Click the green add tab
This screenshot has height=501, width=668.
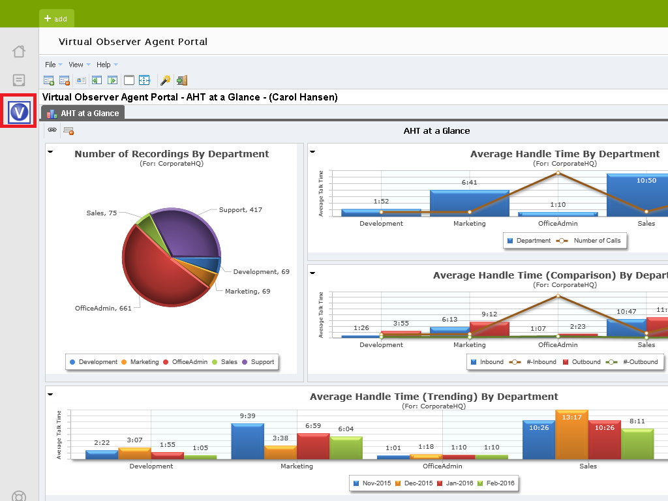56,19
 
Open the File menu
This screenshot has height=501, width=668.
50,65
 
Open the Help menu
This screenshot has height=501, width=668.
104,65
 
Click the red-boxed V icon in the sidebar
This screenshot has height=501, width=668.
20,112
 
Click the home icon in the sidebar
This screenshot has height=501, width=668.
19,52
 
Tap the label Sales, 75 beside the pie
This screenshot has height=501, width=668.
101,213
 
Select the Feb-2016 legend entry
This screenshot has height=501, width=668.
499,483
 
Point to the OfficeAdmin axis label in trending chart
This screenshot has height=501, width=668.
442,466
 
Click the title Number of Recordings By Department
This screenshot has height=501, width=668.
172,154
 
